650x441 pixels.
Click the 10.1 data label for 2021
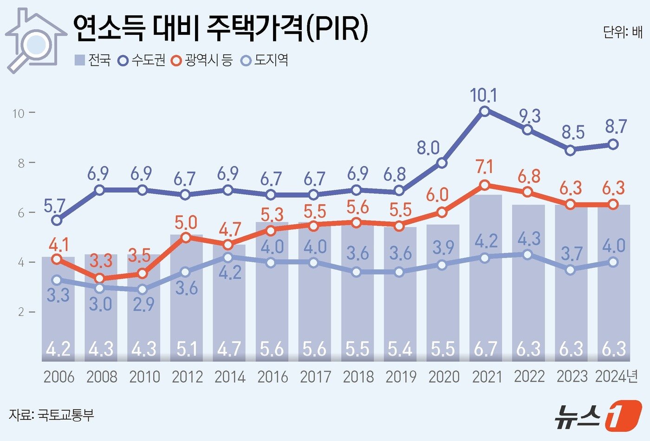(x=483, y=96)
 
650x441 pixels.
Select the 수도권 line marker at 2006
(x=57, y=220)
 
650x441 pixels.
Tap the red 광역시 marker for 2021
(x=484, y=185)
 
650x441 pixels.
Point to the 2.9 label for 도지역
(x=143, y=305)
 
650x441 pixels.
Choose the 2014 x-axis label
(x=230, y=377)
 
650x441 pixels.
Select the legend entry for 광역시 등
(x=201, y=60)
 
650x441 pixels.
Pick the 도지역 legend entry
(x=266, y=60)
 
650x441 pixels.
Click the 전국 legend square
(x=80, y=60)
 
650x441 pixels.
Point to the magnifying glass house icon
(x=35, y=40)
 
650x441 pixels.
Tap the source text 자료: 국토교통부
(x=52, y=415)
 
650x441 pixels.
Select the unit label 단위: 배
(x=623, y=32)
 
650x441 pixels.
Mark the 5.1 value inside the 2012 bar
(x=187, y=349)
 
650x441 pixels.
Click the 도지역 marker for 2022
(x=527, y=254)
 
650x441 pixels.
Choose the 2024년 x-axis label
(x=617, y=377)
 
